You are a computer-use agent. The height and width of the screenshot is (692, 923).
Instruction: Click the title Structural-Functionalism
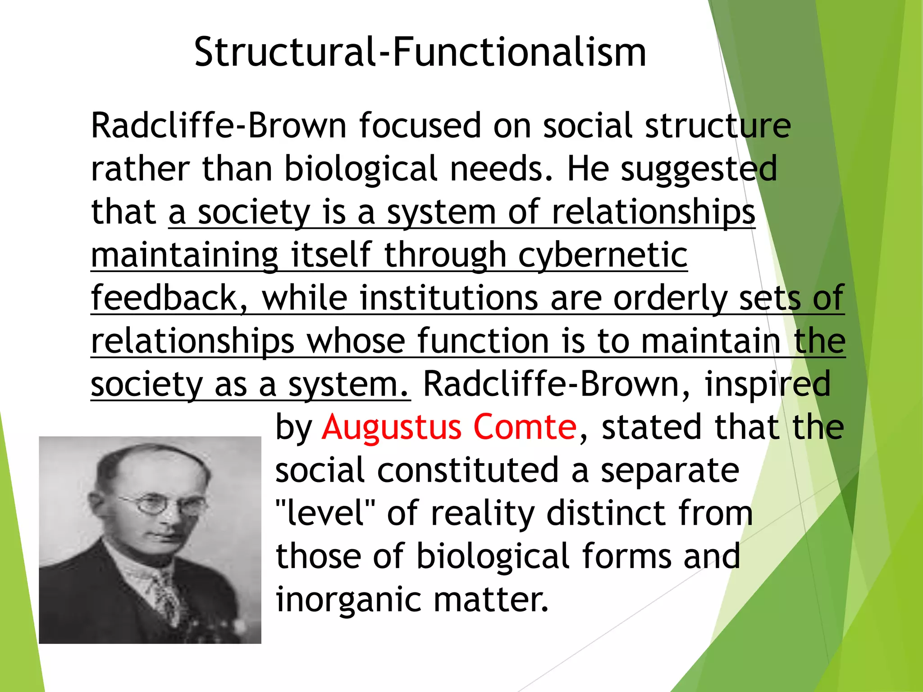pyautogui.click(x=420, y=52)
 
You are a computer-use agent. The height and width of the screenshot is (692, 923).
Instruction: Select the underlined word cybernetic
pyautogui.click(x=603, y=255)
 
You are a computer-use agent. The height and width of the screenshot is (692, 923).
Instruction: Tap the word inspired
pyautogui.click(x=767, y=384)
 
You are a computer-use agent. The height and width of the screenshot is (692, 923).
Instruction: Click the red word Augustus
pyautogui.click(x=391, y=427)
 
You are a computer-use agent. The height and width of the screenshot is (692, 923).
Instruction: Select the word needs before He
pyautogui.click(x=501, y=168)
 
